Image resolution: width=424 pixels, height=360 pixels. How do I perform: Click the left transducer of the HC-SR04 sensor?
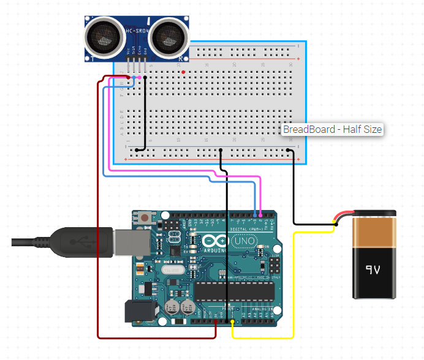(x=101, y=36)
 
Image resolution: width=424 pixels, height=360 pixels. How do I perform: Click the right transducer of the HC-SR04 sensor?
(x=167, y=36)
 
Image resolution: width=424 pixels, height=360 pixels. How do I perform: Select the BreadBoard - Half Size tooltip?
(x=332, y=129)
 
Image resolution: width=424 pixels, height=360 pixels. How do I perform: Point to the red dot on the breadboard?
(x=183, y=72)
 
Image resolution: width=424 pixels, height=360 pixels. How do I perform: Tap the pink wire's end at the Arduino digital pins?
(x=260, y=215)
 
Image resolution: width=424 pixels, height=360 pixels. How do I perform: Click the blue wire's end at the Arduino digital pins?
(x=255, y=215)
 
